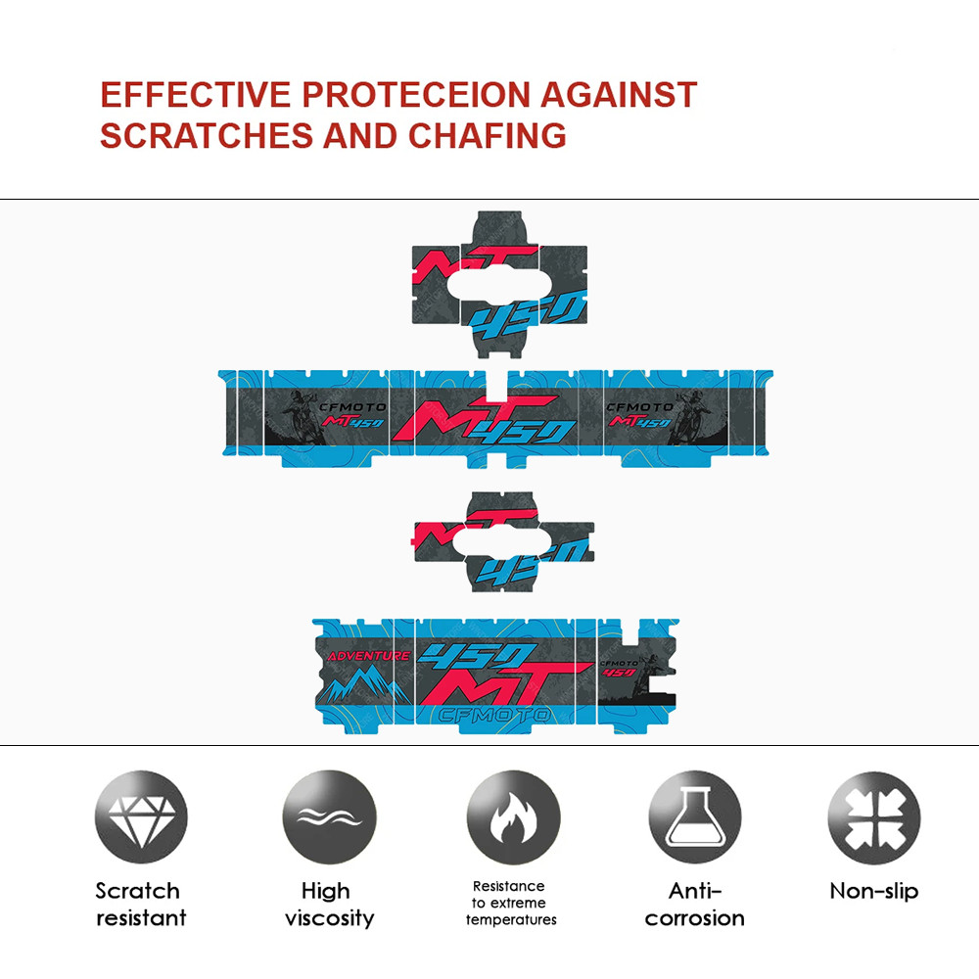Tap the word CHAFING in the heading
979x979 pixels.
tap(487, 135)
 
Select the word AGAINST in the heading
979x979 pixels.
tap(619, 95)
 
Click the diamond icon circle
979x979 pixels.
tap(141, 817)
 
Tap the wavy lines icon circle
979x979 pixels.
tap(329, 817)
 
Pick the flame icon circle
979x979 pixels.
tap(513, 817)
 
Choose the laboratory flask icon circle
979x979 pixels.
tap(695, 817)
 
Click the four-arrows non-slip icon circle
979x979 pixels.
tap(874, 817)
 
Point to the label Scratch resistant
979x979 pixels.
tap(140, 904)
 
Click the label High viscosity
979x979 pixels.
tap(329, 904)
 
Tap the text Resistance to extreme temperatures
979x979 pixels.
tap(511, 903)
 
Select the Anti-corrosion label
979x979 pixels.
tap(694, 904)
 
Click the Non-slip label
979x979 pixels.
tap(874, 891)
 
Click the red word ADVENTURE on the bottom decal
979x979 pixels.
tap(368, 656)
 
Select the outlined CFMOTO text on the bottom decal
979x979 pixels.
tap(493, 715)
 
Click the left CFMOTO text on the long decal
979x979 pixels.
tap(352, 407)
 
